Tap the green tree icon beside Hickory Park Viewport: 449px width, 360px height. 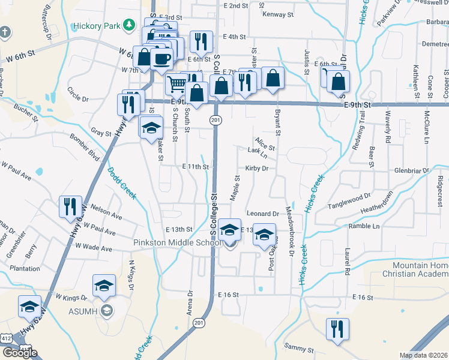(128, 25)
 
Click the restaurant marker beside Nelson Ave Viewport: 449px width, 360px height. (70, 207)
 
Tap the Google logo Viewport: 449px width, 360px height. (20, 353)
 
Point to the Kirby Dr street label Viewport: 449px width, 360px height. (256, 169)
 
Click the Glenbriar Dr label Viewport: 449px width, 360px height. (412, 170)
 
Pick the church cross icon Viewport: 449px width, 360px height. (5, 31)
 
